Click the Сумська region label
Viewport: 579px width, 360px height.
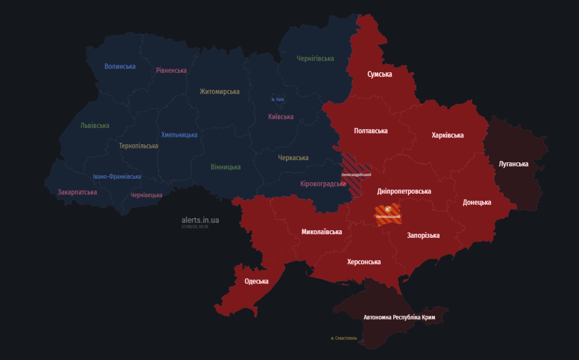pos(380,74)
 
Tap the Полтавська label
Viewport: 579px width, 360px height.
pos(370,131)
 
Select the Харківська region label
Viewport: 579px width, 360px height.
pos(447,135)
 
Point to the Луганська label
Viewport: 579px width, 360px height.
pos(513,164)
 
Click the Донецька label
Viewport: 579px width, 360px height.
pos(477,202)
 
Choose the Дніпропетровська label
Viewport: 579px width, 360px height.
pos(404,191)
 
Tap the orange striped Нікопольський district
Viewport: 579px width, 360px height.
pos(388,213)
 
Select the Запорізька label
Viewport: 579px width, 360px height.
pos(423,235)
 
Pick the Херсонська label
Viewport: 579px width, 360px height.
pos(364,262)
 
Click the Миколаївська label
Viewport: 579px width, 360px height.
pos(322,232)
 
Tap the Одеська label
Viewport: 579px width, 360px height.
pos(256,281)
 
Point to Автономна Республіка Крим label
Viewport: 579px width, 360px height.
pos(399,317)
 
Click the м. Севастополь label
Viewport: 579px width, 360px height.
pos(344,338)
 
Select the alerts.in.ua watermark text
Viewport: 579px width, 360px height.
pos(200,220)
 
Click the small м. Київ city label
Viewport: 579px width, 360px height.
pos(277,99)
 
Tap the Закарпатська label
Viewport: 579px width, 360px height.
pos(77,192)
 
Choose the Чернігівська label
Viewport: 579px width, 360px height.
pos(315,58)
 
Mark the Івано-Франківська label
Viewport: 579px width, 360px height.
pos(117,176)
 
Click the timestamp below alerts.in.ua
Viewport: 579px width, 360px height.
pos(195,226)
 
